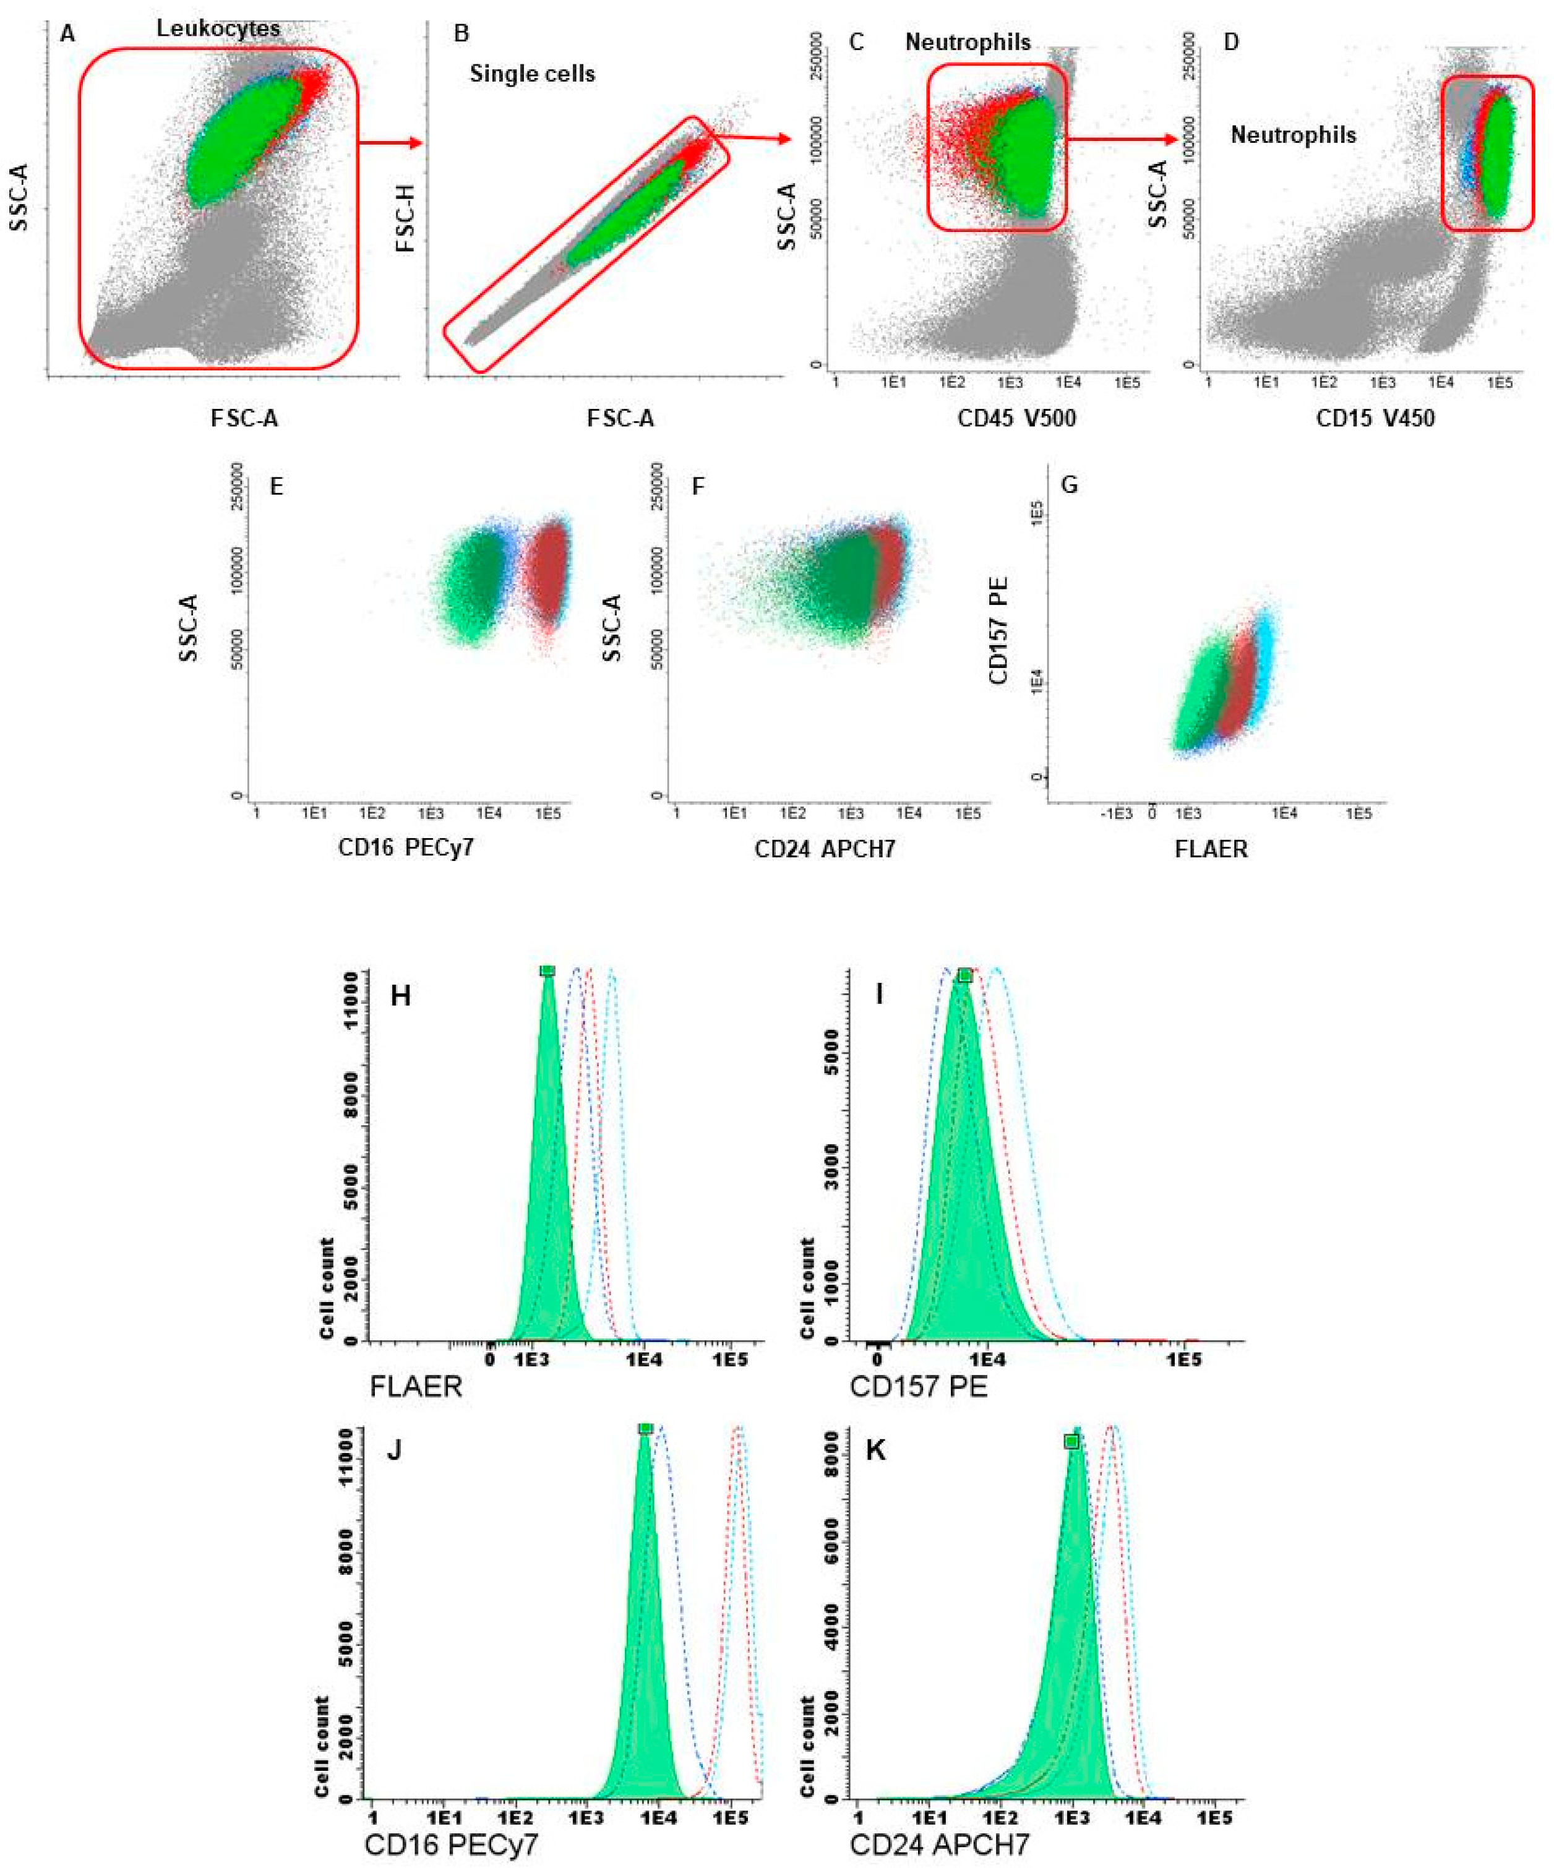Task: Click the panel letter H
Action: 400,995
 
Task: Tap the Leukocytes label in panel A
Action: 218,28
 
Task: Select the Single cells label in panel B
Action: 532,73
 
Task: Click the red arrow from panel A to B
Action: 390,142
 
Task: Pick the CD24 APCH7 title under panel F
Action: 825,849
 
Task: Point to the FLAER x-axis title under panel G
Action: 1211,849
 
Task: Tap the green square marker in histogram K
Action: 1072,1441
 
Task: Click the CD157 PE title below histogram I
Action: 918,1387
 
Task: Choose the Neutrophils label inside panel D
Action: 1292,135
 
